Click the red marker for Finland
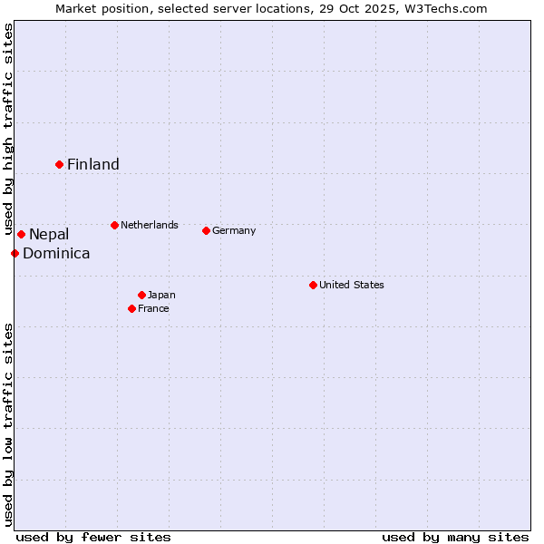pos(60,164)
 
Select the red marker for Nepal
pos(21,235)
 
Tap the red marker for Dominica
pos(15,253)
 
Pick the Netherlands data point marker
pos(114,225)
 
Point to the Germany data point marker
pos(206,230)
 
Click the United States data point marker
pos(313,285)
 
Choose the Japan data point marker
pos(141,295)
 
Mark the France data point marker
pos(131,308)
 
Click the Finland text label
pos(93,164)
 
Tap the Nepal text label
pos(49,235)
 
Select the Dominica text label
pos(56,254)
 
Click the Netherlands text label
pos(150,225)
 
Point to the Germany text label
pos(234,230)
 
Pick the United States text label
pos(352,285)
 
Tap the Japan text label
pos(161,295)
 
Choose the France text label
pos(153,308)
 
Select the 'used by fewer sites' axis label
pos(93,537)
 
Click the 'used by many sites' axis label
pos(455,537)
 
